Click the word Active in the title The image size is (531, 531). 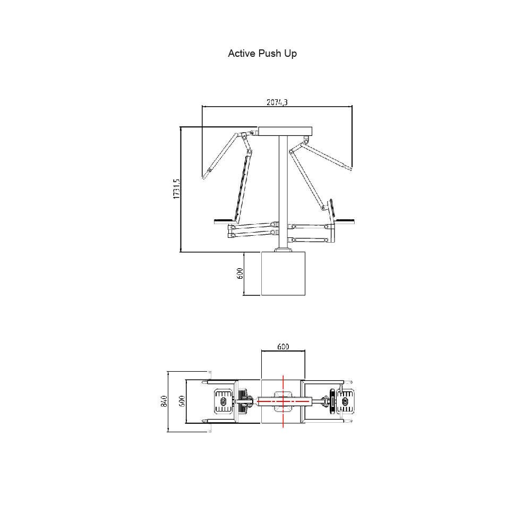[242, 54]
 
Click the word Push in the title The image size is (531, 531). [270, 54]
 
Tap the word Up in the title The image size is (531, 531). [290, 54]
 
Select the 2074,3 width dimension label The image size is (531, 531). [277, 102]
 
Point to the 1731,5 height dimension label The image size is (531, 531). [176, 189]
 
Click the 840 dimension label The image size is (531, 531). [164, 401]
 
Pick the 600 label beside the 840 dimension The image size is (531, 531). [182, 401]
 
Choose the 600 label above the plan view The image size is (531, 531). [283, 346]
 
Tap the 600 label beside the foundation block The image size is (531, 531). [240, 273]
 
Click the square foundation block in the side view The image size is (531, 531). [283, 273]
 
